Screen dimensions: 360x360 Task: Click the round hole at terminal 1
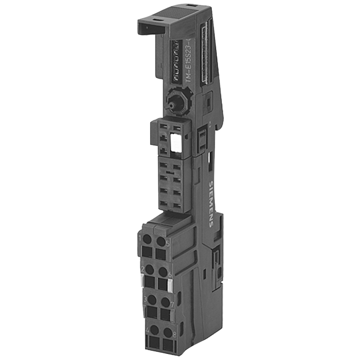tap(146, 241)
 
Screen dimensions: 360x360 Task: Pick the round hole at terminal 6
tap(164, 271)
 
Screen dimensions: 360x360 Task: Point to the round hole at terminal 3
tap(153, 300)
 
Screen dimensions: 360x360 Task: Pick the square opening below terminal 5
tap(162, 254)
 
